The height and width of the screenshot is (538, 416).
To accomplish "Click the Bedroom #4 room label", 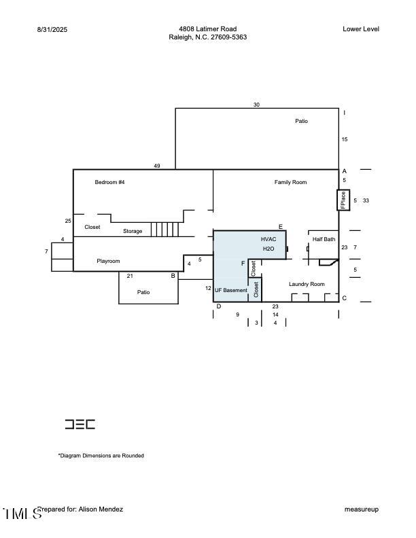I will tap(109, 182).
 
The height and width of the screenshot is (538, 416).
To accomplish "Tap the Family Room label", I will tap(290, 182).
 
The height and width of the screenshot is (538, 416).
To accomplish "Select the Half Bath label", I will tap(324, 239).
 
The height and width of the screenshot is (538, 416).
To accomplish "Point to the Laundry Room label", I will tap(307, 284).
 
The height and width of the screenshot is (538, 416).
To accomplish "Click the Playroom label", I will tap(108, 261).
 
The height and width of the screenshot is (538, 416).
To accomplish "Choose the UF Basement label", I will tap(231, 290).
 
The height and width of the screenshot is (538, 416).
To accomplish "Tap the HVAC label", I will tap(268, 239).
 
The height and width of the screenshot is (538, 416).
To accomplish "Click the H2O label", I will tap(268, 249).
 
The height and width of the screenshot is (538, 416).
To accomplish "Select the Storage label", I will tap(133, 231).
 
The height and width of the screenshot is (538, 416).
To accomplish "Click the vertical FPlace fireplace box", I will tap(343, 200).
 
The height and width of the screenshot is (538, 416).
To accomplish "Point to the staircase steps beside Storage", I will tap(165, 229).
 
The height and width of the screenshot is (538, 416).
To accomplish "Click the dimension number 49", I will tap(157, 166).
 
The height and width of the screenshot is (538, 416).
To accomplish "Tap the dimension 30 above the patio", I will tap(256, 105).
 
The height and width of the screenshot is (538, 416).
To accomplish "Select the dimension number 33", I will tap(366, 200).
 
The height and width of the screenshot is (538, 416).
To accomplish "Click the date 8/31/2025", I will tap(52, 29).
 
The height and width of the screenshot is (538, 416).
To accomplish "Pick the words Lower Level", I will tap(361, 29).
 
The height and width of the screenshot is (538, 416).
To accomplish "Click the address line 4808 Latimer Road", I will tap(207, 29).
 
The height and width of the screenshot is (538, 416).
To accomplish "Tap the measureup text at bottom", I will tap(362, 509).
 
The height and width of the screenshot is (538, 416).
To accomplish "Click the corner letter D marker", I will tap(219, 306).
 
